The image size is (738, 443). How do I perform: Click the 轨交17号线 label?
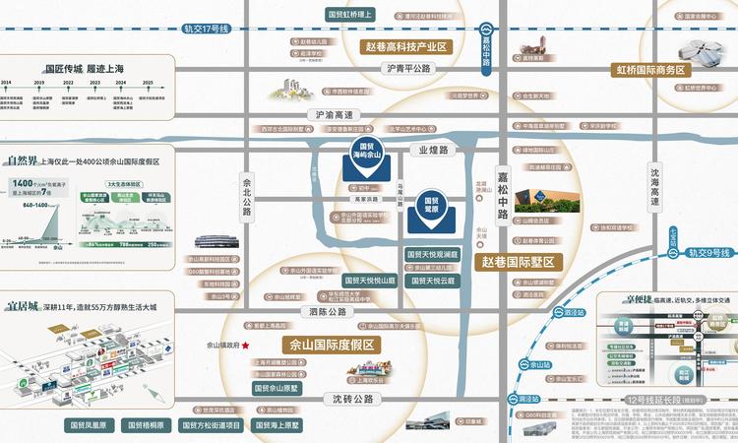click(205, 30)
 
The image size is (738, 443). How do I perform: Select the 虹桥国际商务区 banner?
click(650, 71)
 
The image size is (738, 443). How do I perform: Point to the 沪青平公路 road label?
click(409, 69)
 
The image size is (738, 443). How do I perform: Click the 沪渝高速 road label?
click(335, 114)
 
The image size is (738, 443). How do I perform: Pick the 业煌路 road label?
click(433, 150)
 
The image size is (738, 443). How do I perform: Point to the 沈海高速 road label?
click(655, 185)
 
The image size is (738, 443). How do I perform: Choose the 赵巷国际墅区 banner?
click(519, 262)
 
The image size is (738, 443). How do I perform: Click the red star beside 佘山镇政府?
click(246, 346)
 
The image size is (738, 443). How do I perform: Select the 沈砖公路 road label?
click(352, 399)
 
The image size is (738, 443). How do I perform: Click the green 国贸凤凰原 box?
click(92, 425)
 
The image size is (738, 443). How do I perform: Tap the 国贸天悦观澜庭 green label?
click(432, 254)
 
